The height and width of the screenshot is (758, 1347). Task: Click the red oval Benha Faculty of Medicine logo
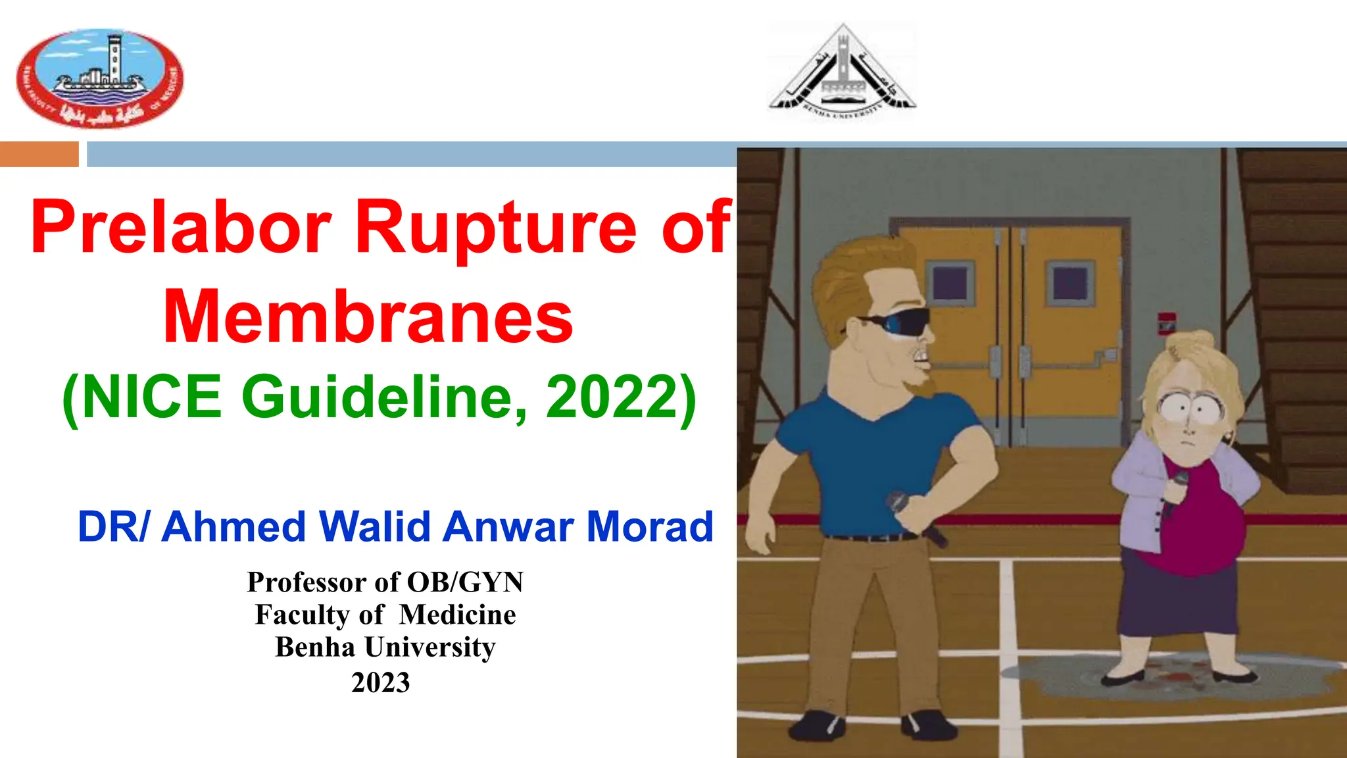point(100,78)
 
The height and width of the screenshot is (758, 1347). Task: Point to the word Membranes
point(368,318)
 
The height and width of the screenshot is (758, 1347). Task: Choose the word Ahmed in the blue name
point(233,527)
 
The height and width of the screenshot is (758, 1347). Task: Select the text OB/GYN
point(465,582)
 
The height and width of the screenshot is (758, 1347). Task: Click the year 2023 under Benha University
point(381,682)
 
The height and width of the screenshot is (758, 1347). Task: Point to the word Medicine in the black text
point(457,615)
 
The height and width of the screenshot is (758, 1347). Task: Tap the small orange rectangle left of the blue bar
point(39,154)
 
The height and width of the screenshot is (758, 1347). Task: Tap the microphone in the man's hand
point(914,517)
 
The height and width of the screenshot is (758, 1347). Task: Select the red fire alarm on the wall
point(1167,324)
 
